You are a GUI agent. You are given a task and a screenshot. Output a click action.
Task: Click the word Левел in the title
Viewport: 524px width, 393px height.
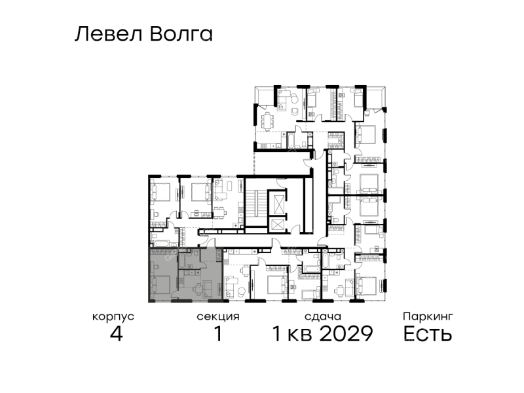(x=108, y=34)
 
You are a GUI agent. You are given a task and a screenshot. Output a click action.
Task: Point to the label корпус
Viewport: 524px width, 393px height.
(x=113, y=317)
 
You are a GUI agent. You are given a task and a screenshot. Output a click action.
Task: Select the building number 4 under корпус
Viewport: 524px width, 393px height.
(x=117, y=333)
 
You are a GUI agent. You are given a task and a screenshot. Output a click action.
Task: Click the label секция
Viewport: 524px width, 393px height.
(x=218, y=317)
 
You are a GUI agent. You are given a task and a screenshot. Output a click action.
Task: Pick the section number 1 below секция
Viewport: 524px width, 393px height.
(x=218, y=333)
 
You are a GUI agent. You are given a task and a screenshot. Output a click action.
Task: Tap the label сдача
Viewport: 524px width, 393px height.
(x=323, y=317)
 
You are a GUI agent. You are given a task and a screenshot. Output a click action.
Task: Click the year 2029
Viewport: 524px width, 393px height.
(x=346, y=333)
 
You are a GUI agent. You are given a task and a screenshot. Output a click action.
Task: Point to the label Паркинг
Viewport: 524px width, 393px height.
(x=428, y=316)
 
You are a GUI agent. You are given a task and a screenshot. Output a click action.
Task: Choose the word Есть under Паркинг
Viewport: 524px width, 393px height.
(x=428, y=333)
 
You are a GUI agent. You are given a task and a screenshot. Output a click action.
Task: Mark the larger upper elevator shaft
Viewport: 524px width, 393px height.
(x=277, y=204)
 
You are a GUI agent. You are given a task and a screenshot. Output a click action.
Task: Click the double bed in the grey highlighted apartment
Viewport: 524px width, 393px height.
(x=161, y=284)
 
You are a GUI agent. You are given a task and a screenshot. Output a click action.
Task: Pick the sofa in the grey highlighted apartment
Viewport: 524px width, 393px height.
(x=207, y=289)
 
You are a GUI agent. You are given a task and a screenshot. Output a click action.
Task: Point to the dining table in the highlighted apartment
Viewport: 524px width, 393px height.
(x=198, y=290)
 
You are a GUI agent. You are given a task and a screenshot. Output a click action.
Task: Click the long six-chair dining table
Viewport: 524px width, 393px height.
(x=267, y=121)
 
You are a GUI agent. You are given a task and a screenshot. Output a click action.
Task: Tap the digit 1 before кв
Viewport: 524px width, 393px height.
(x=277, y=333)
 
